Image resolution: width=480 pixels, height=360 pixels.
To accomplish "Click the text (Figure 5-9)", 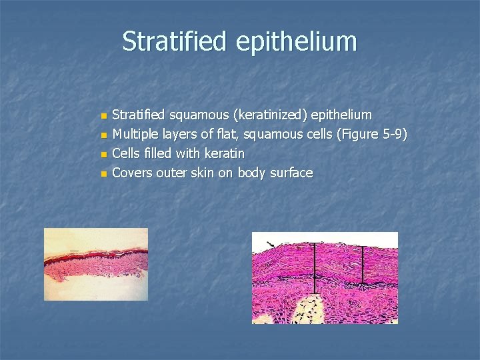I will point(372,135).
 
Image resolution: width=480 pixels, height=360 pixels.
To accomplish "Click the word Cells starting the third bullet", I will point(126,153).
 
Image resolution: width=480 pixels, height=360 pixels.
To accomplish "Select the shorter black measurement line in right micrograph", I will point(363,265).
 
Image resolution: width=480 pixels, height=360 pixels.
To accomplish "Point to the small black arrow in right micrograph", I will point(270,243).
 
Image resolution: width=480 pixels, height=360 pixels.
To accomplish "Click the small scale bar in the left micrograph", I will point(74,251).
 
